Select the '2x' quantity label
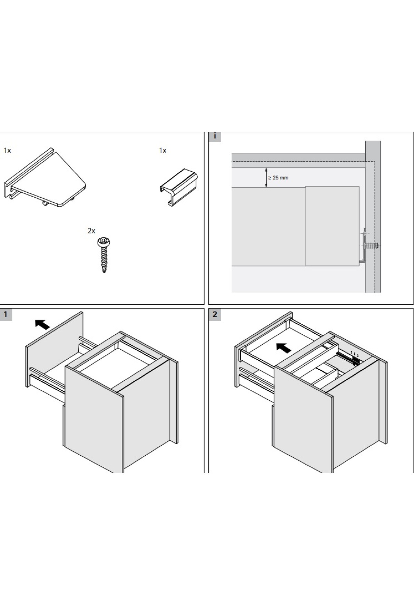(91, 231)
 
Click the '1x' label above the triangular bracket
(7, 150)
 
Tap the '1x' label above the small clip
(162, 150)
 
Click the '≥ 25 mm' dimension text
(278, 178)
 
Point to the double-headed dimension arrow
(266, 178)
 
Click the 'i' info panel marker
(215, 136)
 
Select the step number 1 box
(6, 315)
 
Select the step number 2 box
(215, 315)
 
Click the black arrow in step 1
(42, 325)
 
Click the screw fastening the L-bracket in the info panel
(372, 246)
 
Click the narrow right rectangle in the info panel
(332, 226)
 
